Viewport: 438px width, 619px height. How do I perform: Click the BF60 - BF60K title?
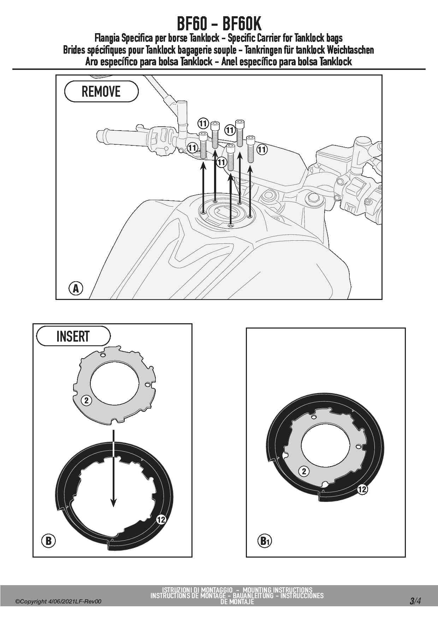[219, 24]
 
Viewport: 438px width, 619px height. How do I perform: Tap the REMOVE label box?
[101, 91]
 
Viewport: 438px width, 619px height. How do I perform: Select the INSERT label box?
[73, 336]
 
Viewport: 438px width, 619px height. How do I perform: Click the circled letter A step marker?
[76, 288]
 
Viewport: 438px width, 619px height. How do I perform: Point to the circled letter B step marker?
[49, 541]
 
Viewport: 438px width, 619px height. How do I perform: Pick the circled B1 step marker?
[265, 541]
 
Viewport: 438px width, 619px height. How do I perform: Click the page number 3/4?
[415, 601]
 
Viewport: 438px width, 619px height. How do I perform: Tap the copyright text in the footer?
[58, 601]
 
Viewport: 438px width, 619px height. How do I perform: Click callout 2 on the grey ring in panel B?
[87, 400]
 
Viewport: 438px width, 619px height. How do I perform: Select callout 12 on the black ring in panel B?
[161, 519]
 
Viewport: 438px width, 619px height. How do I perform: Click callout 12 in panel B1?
[362, 489]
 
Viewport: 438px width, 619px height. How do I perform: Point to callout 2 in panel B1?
[304, 471]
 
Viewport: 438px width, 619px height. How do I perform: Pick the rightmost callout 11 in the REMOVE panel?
[262, 150]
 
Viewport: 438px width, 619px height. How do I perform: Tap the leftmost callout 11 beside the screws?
[192, 148]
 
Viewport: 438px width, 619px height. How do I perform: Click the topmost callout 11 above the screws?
[203, 124]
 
